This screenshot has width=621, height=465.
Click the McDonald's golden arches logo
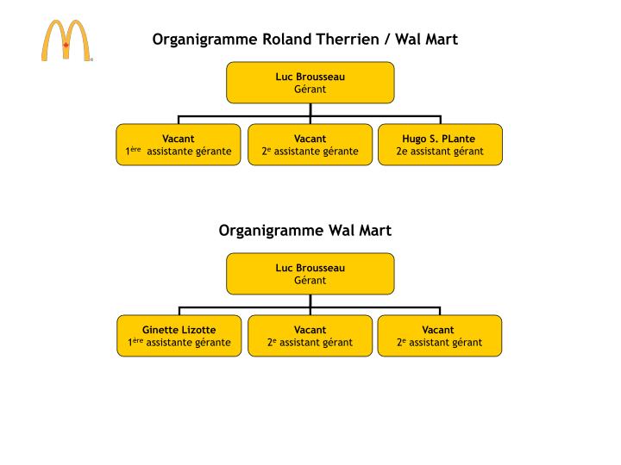[x=66, y=40]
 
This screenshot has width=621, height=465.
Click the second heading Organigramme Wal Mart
[x=304, y=230]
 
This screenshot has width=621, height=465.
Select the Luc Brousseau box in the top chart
[x=310, y=83]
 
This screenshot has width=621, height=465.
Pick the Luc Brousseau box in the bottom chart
[x=310, y=274]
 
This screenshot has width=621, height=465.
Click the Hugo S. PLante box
[x=440, y=145]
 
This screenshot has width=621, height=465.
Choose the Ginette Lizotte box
[x=179, y=336]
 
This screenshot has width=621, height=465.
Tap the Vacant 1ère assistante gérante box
[x=179, y=145]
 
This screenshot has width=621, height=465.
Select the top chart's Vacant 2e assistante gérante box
[x=310, y=145]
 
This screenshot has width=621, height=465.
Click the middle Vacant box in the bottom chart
[x=310, y=336]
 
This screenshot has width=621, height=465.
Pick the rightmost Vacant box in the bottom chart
[x=440, y=336]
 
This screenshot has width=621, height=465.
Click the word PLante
[x=459, y=139]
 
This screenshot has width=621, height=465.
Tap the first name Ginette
[x=160, y=330]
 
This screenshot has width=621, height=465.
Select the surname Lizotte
[x=199, y=330]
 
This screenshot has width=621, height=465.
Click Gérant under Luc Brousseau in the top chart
[x=310, y=89]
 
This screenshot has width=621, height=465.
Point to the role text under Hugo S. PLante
[x=440, y=152]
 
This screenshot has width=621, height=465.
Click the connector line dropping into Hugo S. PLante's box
[x=440, y=120]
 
